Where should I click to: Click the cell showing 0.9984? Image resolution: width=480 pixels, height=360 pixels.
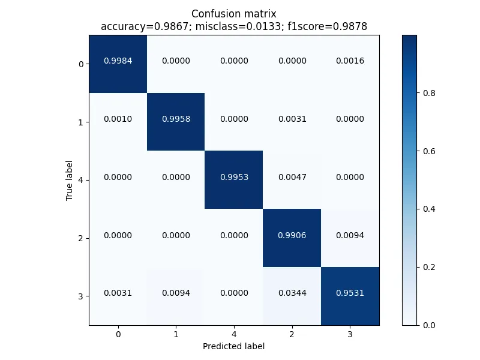(x=118, y=61)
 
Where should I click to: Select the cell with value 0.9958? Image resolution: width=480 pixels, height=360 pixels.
(x=176, y=119)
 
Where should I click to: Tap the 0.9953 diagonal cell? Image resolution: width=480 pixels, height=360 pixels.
(x=234, y=177)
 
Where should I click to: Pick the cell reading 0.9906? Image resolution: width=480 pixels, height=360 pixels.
(x=292, y=235)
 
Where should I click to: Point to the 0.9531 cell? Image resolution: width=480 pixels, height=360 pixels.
(x=350, y=293)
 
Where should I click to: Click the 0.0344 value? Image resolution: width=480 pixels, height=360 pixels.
(x=292, y=293)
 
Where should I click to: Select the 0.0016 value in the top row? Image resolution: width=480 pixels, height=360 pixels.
(x=350, y=61)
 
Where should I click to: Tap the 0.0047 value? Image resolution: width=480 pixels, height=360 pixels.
(x=292, y=177)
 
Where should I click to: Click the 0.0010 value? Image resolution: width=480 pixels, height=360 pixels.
(x=118, y=119)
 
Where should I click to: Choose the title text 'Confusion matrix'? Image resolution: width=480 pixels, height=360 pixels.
(x=234, y=14)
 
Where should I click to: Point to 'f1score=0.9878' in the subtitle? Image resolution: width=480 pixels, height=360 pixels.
(x=329, y=26)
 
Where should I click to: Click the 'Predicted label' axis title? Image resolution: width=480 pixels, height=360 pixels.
(x=233, y=346)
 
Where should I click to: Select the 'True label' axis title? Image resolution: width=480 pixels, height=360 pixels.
(x=70, y=180)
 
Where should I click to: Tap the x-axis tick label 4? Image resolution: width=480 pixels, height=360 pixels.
(x=234, y=334)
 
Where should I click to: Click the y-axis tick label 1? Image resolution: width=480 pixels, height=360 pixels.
(x=81, y=122)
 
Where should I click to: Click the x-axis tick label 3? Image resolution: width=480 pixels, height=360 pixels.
(x=350, y=334)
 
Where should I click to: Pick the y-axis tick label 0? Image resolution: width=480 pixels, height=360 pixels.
(x=81, y=64)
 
